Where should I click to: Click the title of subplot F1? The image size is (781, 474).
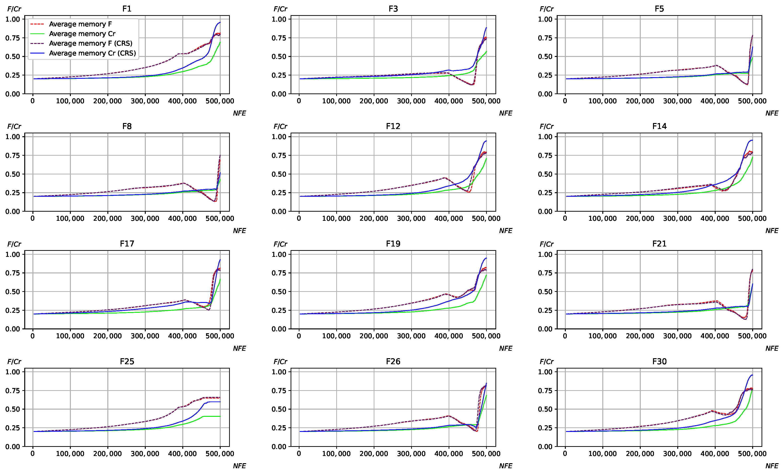127,9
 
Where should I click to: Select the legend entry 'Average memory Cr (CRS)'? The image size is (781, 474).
92,53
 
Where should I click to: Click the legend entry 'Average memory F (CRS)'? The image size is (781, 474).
90,43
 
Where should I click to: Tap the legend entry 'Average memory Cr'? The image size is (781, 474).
82,34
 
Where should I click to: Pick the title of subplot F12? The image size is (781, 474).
393,126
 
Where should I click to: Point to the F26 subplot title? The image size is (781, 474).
393,361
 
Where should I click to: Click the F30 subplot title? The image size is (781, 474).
659,361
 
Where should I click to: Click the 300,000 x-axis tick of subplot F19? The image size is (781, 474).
411,336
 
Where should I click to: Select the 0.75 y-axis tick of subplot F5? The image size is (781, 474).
545,38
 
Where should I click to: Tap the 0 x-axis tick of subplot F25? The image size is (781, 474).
33,453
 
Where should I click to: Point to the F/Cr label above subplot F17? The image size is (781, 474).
14,244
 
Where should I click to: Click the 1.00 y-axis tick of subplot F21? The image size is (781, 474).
545,254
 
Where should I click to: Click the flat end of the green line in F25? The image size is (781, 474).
220,416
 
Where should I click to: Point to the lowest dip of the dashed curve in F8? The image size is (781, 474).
215,201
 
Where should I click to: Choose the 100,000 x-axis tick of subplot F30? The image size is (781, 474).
602,453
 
